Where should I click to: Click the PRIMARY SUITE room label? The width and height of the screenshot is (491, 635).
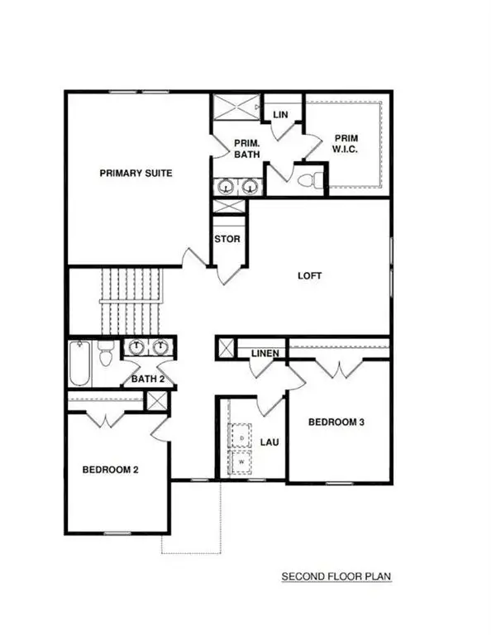pyautogui.click(x=136, y=173)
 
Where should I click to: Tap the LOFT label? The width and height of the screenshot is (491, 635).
pyautogui.click(x=310, y=276)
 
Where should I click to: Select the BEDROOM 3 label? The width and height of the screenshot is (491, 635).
pyautogui.click(x=336, y=422)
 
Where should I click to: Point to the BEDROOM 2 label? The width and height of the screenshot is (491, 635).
pyautogui.click(x=110, y=470)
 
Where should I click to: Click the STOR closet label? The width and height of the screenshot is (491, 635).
pyautogui.click(x=227, y=240)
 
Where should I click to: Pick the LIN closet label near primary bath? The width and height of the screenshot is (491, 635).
pyautogui.click(x=279, y=114)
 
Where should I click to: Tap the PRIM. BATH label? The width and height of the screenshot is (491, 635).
pyautogui.click(x=245, y=148)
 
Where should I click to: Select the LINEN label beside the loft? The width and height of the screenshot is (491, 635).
pyautogui.click(x=265, y=355)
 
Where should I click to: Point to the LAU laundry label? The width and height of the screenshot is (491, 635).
pyautogui.click(x=269, y=442)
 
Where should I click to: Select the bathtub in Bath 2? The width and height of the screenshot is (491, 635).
pyautogui.click(x=80, y=364)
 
